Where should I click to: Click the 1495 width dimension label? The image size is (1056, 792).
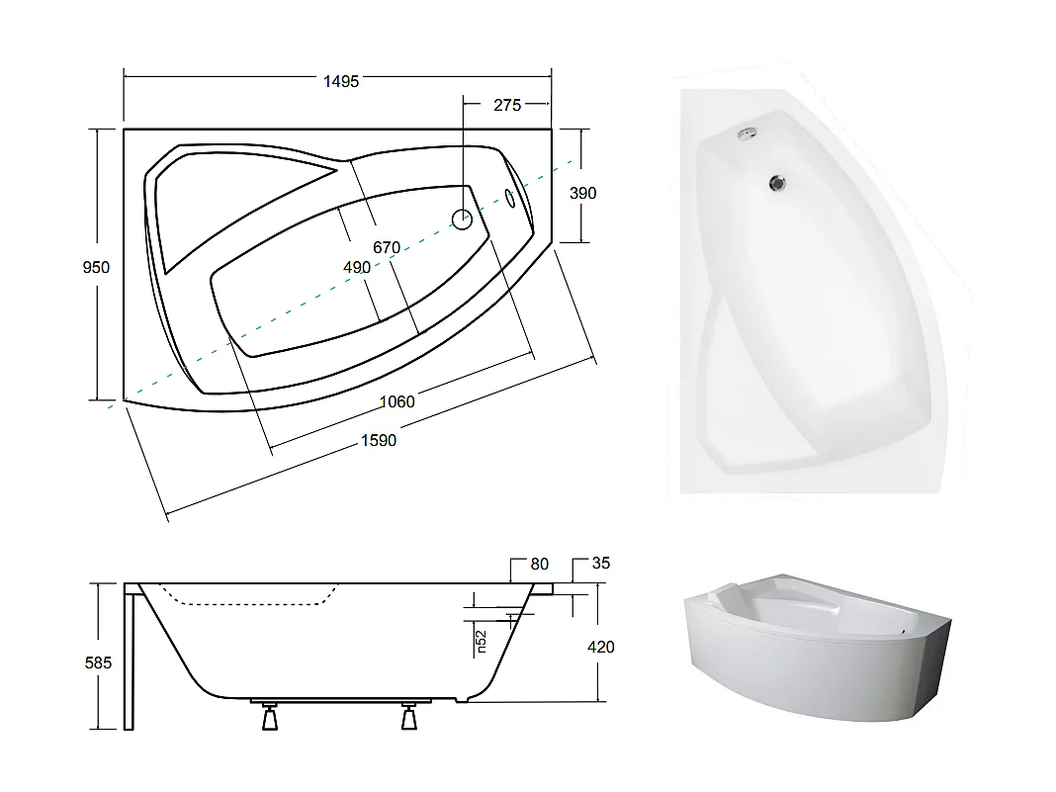coord(341,81)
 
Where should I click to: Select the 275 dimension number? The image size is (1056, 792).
coord(506,105)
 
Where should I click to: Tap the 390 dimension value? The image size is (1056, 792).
coord(583,193)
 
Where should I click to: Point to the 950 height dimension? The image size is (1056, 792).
coord(96,267)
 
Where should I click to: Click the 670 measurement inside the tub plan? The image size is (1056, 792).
coord(386,247)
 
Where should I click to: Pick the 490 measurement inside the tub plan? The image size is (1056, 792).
coord(356,268)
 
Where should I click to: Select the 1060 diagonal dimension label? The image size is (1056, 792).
coord(397,401)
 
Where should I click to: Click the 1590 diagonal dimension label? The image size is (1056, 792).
coord(378,440)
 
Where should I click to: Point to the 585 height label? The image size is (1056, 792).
coord(98,662)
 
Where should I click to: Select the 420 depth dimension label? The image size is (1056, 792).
coord(600,647)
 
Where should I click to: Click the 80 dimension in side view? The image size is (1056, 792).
coord(539,565)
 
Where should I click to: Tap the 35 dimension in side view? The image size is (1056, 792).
coord(600,564)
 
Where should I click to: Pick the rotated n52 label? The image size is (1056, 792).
coord(482,643)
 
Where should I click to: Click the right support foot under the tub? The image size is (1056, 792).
coord(408,718)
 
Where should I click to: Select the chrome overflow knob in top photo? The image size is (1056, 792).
coord(748,133)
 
